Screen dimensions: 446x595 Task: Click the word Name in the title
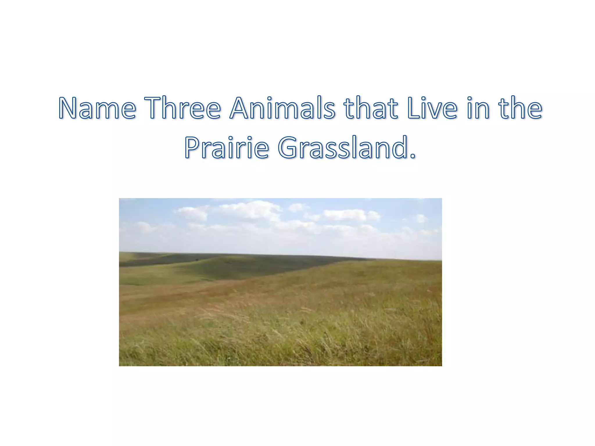[x=97, y=108]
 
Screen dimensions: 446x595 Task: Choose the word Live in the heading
[x=432, y=108]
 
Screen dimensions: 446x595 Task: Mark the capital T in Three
[x=154, y=108]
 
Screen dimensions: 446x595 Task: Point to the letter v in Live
[x=436, y=110]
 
